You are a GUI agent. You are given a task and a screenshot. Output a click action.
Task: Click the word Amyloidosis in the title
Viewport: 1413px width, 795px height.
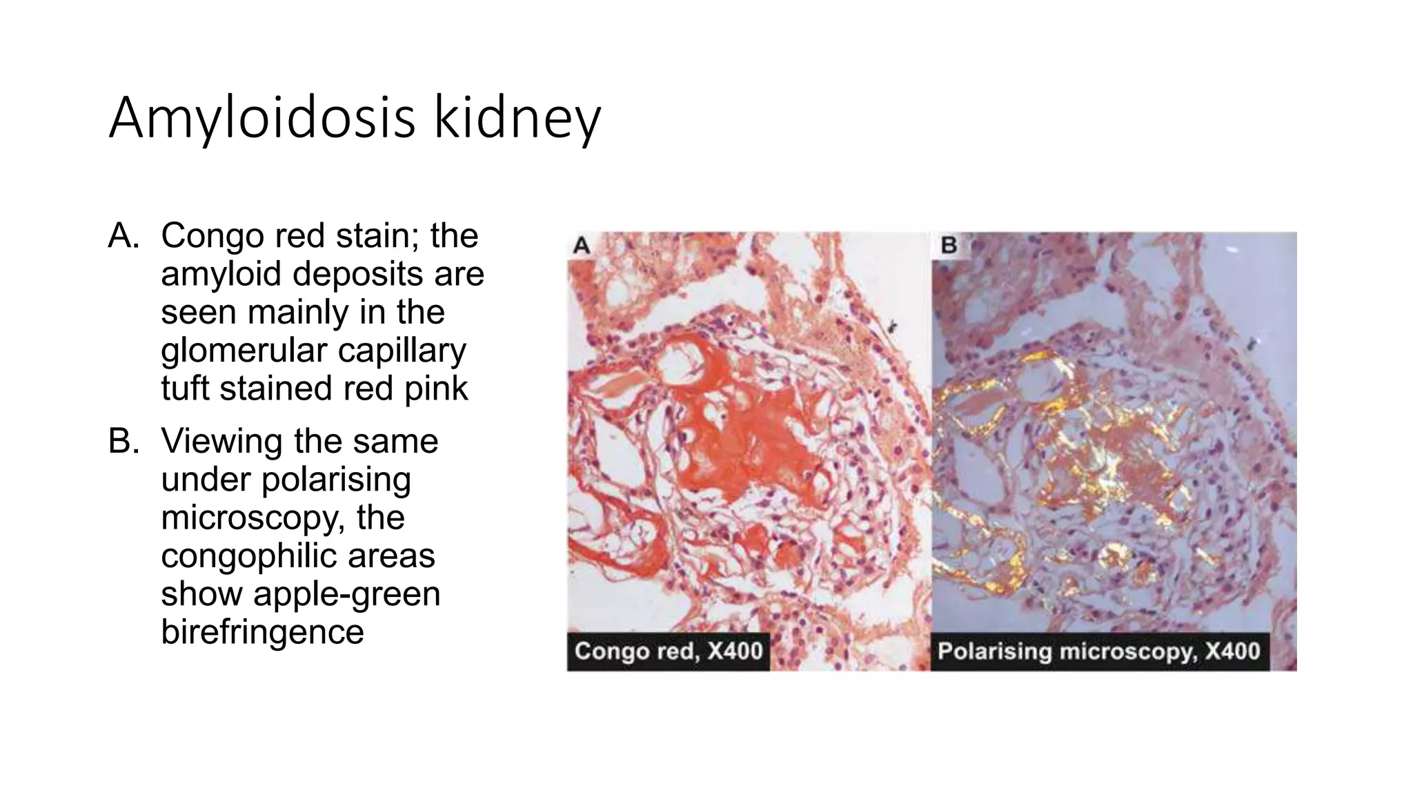point(262,119)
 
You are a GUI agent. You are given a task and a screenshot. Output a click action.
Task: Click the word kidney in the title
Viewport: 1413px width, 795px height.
point(517,119)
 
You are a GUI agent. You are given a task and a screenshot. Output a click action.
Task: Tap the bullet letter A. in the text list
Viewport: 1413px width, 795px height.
point(124,236)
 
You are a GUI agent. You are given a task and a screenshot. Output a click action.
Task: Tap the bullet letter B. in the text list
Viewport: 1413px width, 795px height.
point(124,442)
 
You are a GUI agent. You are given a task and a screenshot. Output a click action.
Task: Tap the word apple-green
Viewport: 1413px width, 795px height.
point(346,594)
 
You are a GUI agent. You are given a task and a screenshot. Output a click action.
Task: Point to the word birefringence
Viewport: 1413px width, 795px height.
point(262,632)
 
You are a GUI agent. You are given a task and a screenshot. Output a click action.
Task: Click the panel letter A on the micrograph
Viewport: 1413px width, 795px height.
point(582,246)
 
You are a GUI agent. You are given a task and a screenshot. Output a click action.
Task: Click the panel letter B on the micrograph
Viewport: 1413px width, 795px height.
point(949,246)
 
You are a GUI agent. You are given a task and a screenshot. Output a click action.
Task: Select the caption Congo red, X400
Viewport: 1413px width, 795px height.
point(668,651)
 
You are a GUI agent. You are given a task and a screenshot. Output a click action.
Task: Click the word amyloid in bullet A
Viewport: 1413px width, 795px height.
point(222,274)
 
